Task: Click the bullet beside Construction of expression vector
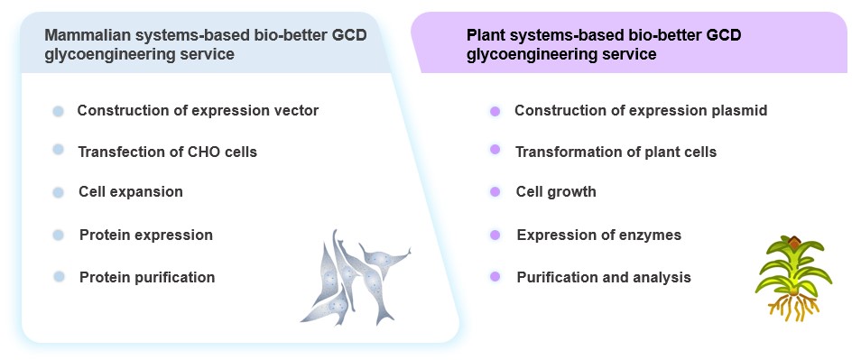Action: coord(59,111)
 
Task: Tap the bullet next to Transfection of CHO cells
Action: coord(59,150)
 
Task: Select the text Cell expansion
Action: coord(131,192)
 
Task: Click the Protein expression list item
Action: coord(146,235)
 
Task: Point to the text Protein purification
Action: coord(147,277)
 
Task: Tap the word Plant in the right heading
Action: coord(486,35)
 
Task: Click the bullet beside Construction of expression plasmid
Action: coord(495,111)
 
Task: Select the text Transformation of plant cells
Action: coord(616,152)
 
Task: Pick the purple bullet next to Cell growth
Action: coord(495,192)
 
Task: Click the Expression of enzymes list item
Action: coord(598,235)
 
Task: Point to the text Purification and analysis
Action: coord(604,277)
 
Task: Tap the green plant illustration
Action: coord(790,266)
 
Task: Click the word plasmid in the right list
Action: coord(737,111)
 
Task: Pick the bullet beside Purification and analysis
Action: coord(495,276)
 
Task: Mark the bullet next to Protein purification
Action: coord(59,276)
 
